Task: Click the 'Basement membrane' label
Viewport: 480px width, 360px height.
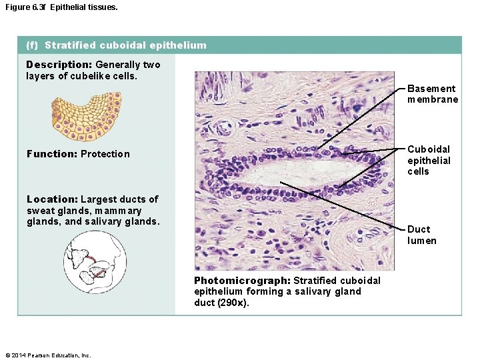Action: [432, 94]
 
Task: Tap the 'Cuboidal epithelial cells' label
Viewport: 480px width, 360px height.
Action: [429, 160]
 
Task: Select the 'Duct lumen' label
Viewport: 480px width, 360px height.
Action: [422, 235]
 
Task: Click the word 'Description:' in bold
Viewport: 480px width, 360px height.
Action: [59, 65]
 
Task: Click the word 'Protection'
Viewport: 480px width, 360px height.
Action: [105, 154]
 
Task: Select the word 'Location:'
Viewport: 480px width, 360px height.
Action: [51, 199]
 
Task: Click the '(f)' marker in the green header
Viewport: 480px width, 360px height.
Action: [32, 45]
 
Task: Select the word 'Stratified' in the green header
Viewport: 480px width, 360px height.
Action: [70, 45]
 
